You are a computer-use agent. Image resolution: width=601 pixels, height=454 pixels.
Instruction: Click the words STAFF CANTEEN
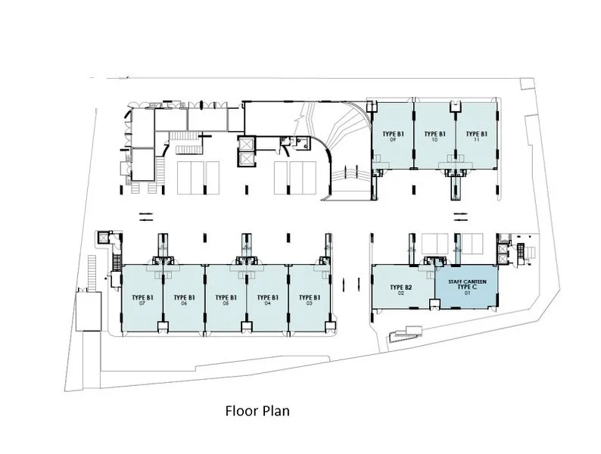[x=466, y=281]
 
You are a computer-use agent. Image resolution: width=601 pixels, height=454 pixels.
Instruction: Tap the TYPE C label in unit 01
[x=466, y=288]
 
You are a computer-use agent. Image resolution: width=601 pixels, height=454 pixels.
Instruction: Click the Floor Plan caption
[x=257, y=412]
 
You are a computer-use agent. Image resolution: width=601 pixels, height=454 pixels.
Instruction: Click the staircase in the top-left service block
[x=182, y=136]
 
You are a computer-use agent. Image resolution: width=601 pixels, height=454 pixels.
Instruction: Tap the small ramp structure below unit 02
[x=405, y=333]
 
